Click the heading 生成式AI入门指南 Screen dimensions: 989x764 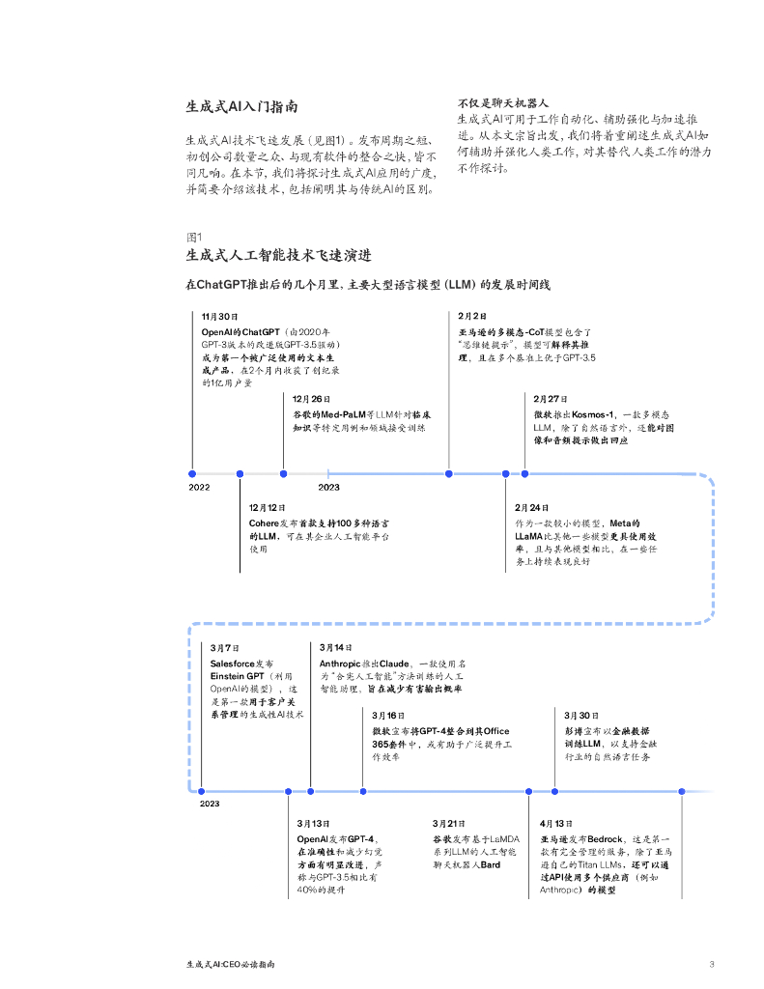click(241, 107)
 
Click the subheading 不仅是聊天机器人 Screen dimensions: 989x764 click(502, 101)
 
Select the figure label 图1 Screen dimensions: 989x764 click(193, 237)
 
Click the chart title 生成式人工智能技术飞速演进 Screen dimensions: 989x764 click(279, 256)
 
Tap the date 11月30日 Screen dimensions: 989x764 click(219, 316)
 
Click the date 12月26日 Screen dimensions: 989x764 click(311, 398)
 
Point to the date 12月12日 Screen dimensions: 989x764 click(268, 507)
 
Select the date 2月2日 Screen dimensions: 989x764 click(472, 316)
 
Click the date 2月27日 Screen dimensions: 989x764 click(552, 398)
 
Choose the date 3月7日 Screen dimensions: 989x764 click(225, 647)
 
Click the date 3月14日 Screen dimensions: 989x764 click(336, 647)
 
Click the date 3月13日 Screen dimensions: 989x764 click(314, 823)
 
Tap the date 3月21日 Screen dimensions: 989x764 click(449, 823)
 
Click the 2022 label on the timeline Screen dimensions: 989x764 click(199, 488)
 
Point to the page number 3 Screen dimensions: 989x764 click(711, 963)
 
